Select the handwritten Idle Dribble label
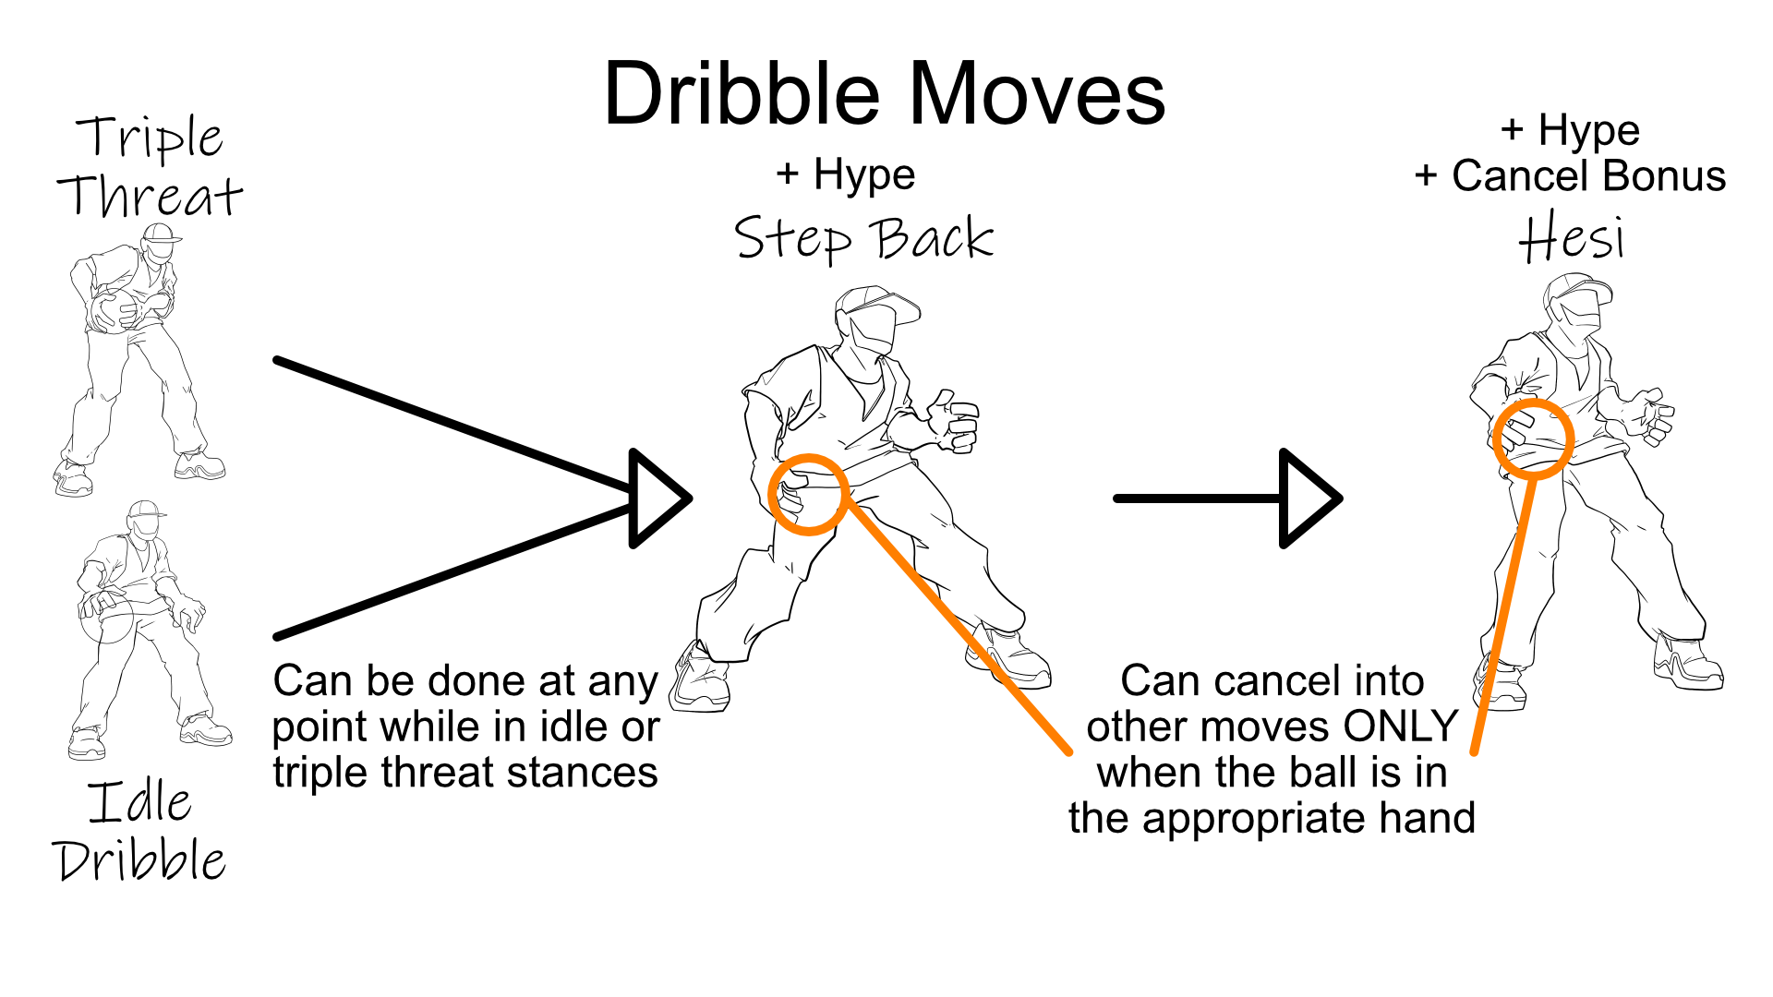[x=139, y=831]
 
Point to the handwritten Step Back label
[x=863, y=238]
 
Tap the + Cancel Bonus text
[x=1570, y=175]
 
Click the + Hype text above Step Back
[x=846, y=174]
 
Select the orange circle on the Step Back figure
[x=808, y=495]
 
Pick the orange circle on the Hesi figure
[x=1533, y=438]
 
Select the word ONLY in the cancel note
[x=1400, y=727]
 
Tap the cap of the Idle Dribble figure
[x=146, y=511]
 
